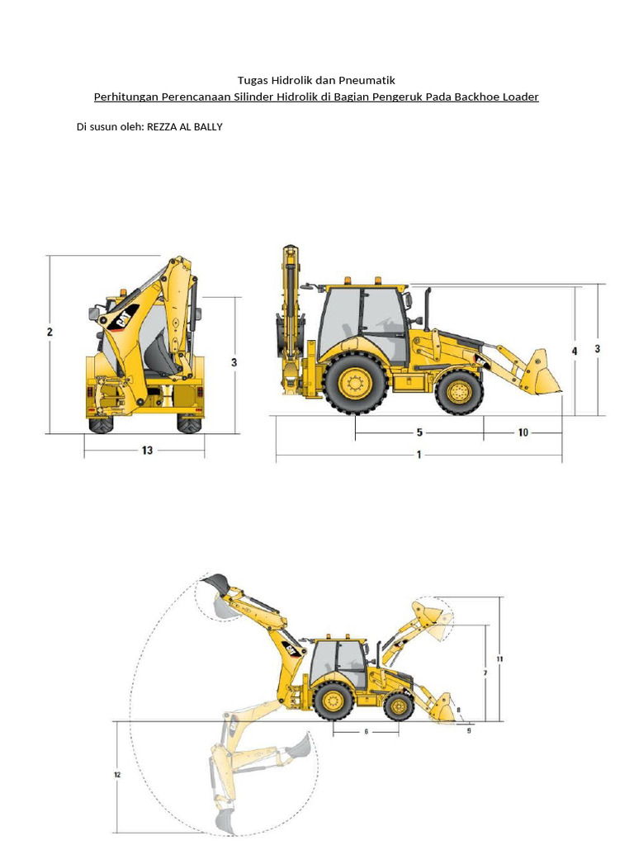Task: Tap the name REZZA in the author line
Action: pyautogui.click(x=163, y=127)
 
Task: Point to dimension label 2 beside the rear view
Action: pyautogui.click(x=50, y=332)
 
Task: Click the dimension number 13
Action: pyautogui.click(x=147, y=451)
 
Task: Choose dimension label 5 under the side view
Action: pyautogui.click(x=419, y=432)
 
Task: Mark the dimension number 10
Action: pyautogui.click(x=523, y=432)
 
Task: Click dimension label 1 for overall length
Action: pyautogui.click(x=419, y=455)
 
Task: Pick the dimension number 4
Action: pyautogui.click(x=575, y=351)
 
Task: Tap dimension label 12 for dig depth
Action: pyautogui.click(x=117, y=775)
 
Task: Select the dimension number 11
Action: pyautogui.click(x=499, y=659)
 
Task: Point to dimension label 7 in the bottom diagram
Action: pyautogui.click(x=485, y=673)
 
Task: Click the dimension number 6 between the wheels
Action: pyautogui.click(x=366, y=731)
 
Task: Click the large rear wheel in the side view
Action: pyautogui.click(x=355, y=383)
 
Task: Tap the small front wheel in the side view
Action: pyautogui.click(x=459, y=392)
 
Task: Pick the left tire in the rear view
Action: pyautogui.click(x=101, y=422)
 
